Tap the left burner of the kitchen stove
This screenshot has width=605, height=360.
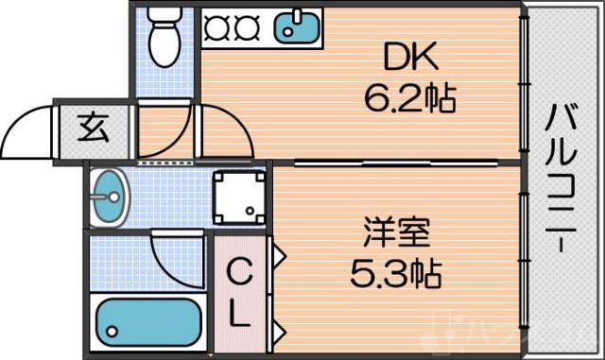tap(216, 27)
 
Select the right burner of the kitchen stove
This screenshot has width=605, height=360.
tap(246, 27)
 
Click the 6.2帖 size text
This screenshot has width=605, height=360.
tap(412, 96)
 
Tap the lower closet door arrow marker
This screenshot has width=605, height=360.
tap(279, 330)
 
